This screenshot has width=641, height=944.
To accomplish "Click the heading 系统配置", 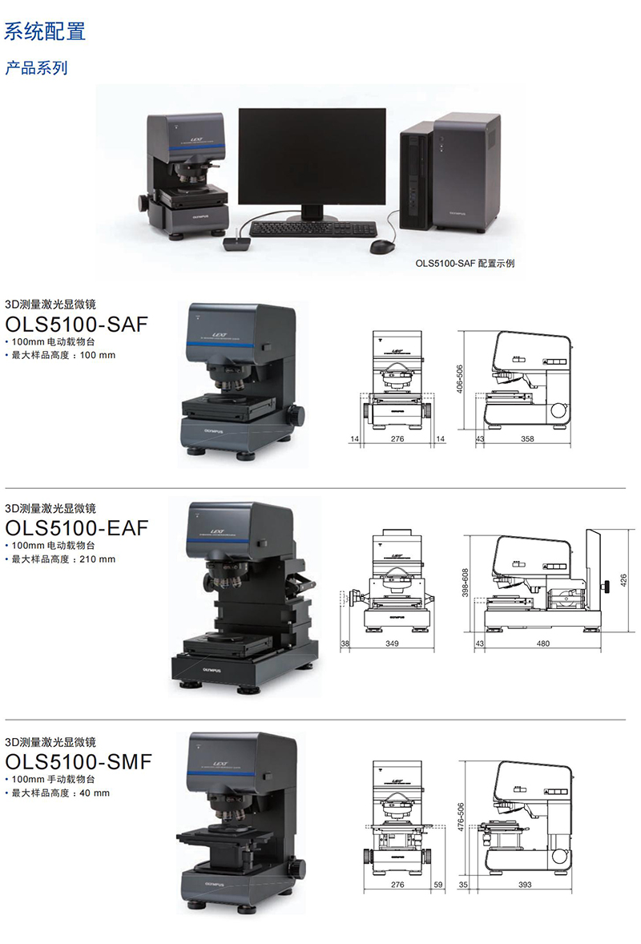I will (x=45, y=31).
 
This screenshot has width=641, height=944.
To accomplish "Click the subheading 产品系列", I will (x=36, y=68).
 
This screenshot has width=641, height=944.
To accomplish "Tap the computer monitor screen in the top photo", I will (x=312, y=156).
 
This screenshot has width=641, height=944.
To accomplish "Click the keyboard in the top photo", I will (x=311, y=228).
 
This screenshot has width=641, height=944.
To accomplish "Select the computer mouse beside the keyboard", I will (x=382, y=246).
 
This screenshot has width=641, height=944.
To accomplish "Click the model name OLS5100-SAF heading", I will (x=77, y=325).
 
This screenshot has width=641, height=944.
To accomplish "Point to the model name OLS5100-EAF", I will (x=77, y=528).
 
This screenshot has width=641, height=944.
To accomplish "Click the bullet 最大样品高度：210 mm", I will (x=64, y=559).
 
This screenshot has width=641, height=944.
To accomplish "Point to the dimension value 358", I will (x=526, y=440).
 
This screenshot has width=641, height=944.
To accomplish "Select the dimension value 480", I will (x=542, y=643).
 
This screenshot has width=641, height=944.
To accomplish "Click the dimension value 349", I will (x=392, y=643).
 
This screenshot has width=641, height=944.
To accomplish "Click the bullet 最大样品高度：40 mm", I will (x=61, y=793).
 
